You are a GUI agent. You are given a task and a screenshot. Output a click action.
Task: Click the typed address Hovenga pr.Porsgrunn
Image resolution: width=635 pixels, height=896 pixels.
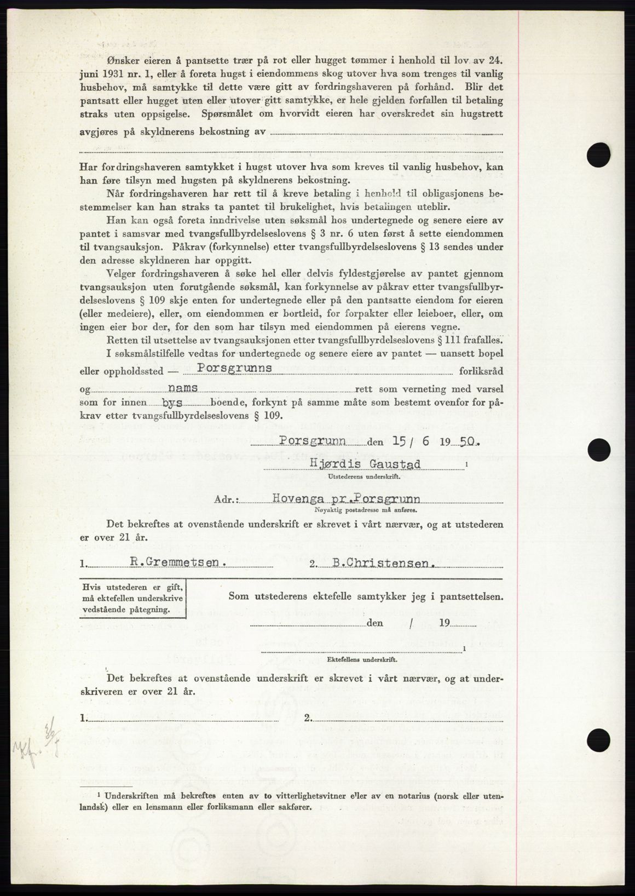[361, 499]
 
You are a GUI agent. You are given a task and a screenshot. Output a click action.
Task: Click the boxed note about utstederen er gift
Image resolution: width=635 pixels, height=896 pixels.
[133, 597]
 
